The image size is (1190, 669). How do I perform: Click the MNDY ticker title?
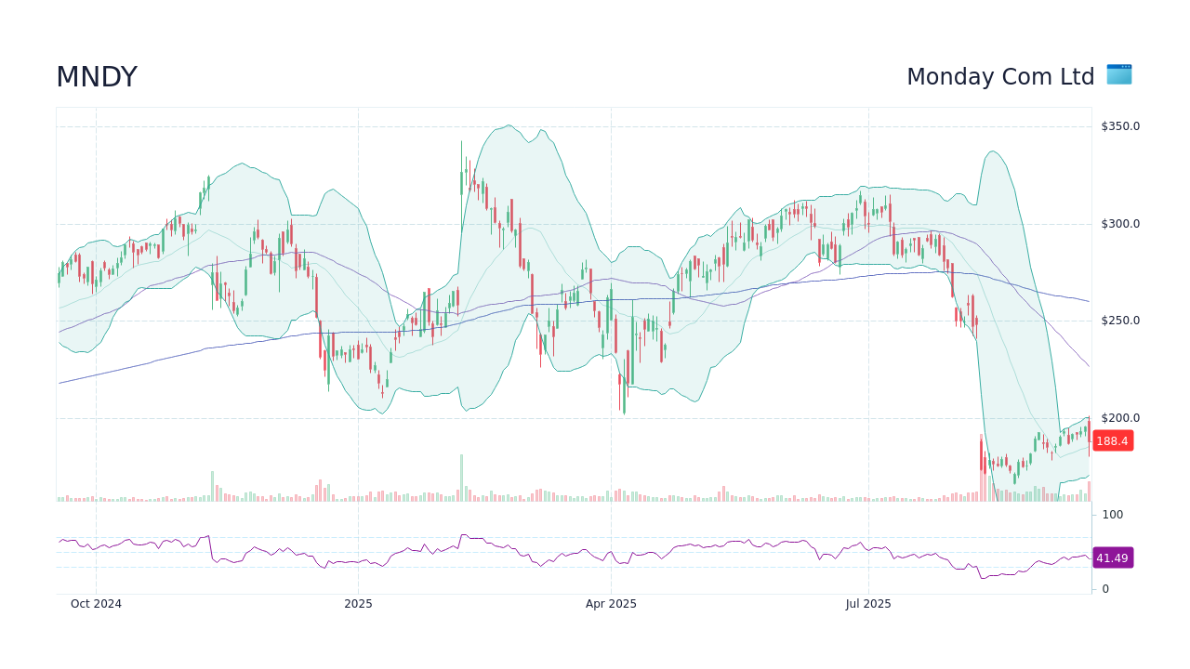point(97,77)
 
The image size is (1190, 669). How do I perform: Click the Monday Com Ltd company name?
point(1000,77)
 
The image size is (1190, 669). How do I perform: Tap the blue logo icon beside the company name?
point(1119,74)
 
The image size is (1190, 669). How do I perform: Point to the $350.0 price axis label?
point(1120,126)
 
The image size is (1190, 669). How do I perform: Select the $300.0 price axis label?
point(1120,224)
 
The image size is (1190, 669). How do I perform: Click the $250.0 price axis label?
point(1120,321)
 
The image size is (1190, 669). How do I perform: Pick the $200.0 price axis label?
point(1120,418)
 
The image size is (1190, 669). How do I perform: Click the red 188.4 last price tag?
point(1112,441)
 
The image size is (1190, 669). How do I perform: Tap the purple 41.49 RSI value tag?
point(1112,557)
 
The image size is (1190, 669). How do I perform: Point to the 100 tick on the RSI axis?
point(1113,515)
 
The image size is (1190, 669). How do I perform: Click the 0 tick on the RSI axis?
point(1105,589)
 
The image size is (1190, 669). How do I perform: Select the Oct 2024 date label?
point(96,604)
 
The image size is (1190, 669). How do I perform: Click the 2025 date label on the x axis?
point(358,604)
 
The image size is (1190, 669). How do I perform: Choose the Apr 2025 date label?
point(611,604)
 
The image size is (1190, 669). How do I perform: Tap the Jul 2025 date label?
point(868,604)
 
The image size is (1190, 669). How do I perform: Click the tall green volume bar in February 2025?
point(461,479)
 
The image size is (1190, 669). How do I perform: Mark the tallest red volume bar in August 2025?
point(981,468)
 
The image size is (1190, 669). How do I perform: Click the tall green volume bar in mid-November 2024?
point(212,486)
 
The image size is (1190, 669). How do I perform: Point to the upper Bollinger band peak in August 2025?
point(993,151)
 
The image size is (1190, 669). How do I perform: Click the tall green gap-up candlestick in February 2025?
point(461,172)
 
